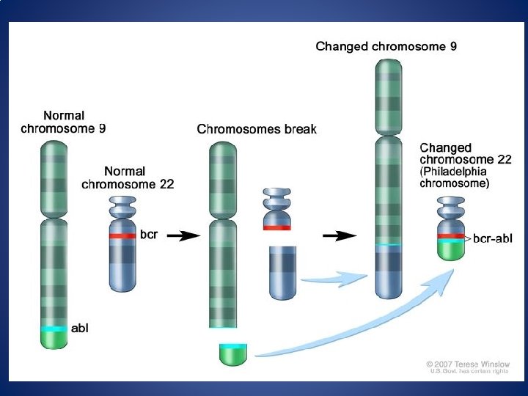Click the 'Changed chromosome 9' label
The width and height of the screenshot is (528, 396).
(x=386, y=47)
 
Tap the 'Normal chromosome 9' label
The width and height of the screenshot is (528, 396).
(x=63, y=122)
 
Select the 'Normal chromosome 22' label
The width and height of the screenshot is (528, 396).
(x=128, y=178)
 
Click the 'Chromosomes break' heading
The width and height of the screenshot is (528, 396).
(x=257, y=129)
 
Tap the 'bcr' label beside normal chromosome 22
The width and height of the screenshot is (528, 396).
(x=149, y=235)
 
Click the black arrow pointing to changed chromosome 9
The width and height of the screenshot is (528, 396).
(x=340, y=235)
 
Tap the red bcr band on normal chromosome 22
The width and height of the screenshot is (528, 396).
(x=123, y=236)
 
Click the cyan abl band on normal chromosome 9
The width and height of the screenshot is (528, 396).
(x=54, y=329)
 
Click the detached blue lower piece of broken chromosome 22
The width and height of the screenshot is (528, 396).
(x=283, y=272)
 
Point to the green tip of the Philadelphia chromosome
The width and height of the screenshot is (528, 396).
(x=451, y=250)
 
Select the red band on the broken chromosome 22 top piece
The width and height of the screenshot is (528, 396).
(x=276, y=228)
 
